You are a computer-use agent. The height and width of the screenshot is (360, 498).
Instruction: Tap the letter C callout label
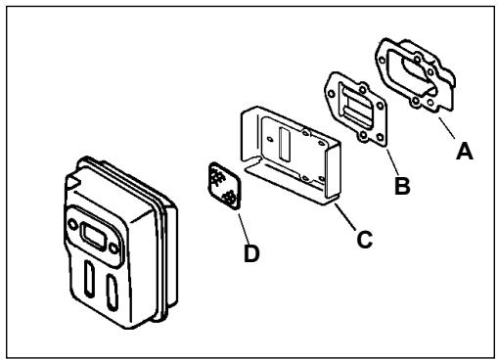click(364, 237)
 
